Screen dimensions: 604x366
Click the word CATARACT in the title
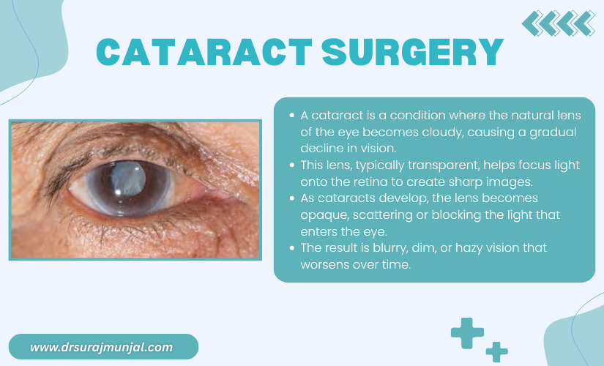click(x=204, y=53)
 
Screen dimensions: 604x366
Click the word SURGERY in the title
click(x=413, y=53)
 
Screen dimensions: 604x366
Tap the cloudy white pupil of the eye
click(x=129, y=179)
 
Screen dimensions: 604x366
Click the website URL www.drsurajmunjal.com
click(x=102, y=347)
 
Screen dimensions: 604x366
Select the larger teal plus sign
click(x=467, y=333)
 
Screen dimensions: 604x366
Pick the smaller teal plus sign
click(x=496, y=352)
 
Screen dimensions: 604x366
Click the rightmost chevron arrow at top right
click(x=585, y=23)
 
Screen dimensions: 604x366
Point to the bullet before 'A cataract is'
click(x=292, y=115)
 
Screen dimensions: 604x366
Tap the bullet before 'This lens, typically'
click(x=292, y=165)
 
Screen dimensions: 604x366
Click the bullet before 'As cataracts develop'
click(x=292, y=198)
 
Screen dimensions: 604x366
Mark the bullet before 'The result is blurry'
click(x=292, y=247)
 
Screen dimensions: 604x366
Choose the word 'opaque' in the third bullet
click(x=325, y=215)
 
